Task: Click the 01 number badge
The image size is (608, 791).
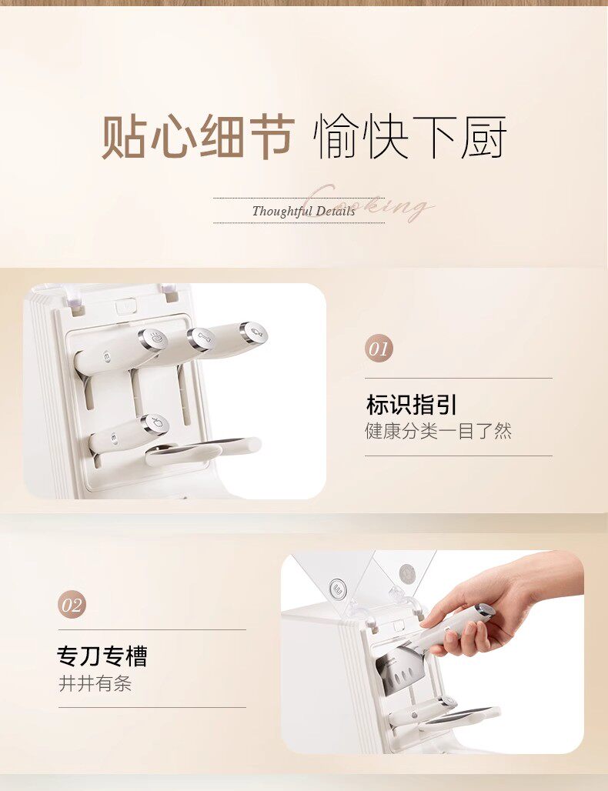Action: tap(379, 349)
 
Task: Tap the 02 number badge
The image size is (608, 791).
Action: tap(72, 605)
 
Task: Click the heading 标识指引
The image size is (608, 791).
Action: tap(411, 405)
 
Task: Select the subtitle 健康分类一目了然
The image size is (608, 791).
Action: tap(438, 432)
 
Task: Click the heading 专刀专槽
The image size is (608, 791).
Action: tap(102, 656)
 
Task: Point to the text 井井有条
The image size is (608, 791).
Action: tap(95, 683)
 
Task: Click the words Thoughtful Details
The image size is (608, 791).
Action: tap(304, 211)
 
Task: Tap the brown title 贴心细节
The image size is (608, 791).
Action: tap(198, 137)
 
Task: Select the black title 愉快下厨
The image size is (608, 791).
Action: tap(409, 137)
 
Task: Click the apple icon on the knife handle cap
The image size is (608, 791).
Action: tap(158, 422)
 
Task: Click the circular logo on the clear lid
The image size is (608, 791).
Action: tap(338, 588)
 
